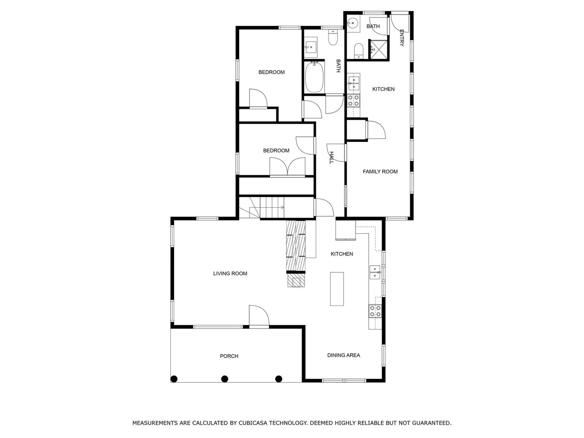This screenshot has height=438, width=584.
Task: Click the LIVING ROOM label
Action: (230, 273)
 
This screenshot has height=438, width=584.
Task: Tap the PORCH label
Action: (229, 356)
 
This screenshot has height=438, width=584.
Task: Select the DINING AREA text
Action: (343, 355)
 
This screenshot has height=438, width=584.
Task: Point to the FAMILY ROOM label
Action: (380, 172)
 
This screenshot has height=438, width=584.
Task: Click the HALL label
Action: (332, 158)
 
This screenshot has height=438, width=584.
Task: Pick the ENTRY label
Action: (401, 38)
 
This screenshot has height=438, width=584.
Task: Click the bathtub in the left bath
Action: (314, 77)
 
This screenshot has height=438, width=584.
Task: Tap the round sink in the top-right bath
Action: (353, 23)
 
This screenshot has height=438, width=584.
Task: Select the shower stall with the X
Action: (379, 50)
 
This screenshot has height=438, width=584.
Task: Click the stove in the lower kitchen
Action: (375, 311)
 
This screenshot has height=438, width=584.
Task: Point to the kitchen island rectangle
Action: (337, 289)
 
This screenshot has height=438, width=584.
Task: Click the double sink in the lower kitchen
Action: (375, 272)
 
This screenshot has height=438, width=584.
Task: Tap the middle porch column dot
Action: (224, 379)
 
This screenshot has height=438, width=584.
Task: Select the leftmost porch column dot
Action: (174, 379)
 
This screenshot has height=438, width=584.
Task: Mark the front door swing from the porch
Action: (259, 316)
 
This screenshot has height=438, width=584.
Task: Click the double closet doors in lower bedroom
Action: (287, 167)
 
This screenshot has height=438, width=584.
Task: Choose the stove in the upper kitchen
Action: (353, 100)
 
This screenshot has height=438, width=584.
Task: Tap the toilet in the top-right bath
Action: (359, 50)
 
